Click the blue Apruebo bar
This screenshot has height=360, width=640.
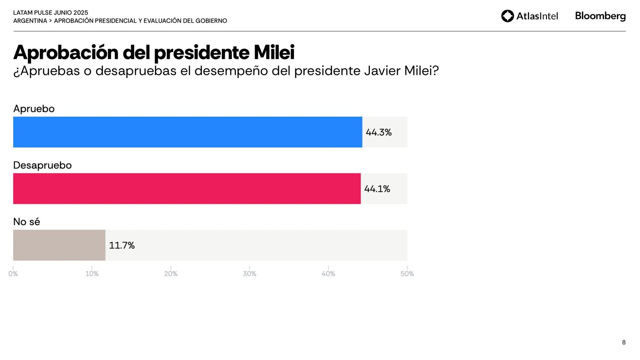tap(188, 132)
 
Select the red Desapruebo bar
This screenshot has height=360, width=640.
tap(187, 188)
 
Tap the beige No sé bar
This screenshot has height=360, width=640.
tap(59, 245)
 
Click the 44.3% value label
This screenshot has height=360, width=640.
tap(378, 132)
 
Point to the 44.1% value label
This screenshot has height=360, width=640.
tap(377, 189)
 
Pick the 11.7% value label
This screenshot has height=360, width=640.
tap(122, 245)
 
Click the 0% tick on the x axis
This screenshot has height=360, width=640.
tap(13, 274)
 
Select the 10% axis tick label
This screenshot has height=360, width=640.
tap(92, 274)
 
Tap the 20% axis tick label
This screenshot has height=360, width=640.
tap(171, 274)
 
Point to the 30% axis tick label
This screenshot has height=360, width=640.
tap(250, 274)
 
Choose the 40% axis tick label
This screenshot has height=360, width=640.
tap(328, 274)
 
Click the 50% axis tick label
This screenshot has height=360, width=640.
tap(407, 274)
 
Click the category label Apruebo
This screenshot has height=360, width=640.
tap(34, 109)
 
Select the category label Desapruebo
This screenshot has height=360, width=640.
tap(42, 165)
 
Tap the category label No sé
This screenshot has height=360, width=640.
tap(27, 222)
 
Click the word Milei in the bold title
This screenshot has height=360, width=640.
tap(274, 52)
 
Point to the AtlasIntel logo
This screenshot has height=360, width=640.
tap(529, 16)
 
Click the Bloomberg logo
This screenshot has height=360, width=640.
tap(600, 16)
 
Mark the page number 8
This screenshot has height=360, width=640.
tap(624, 342)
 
